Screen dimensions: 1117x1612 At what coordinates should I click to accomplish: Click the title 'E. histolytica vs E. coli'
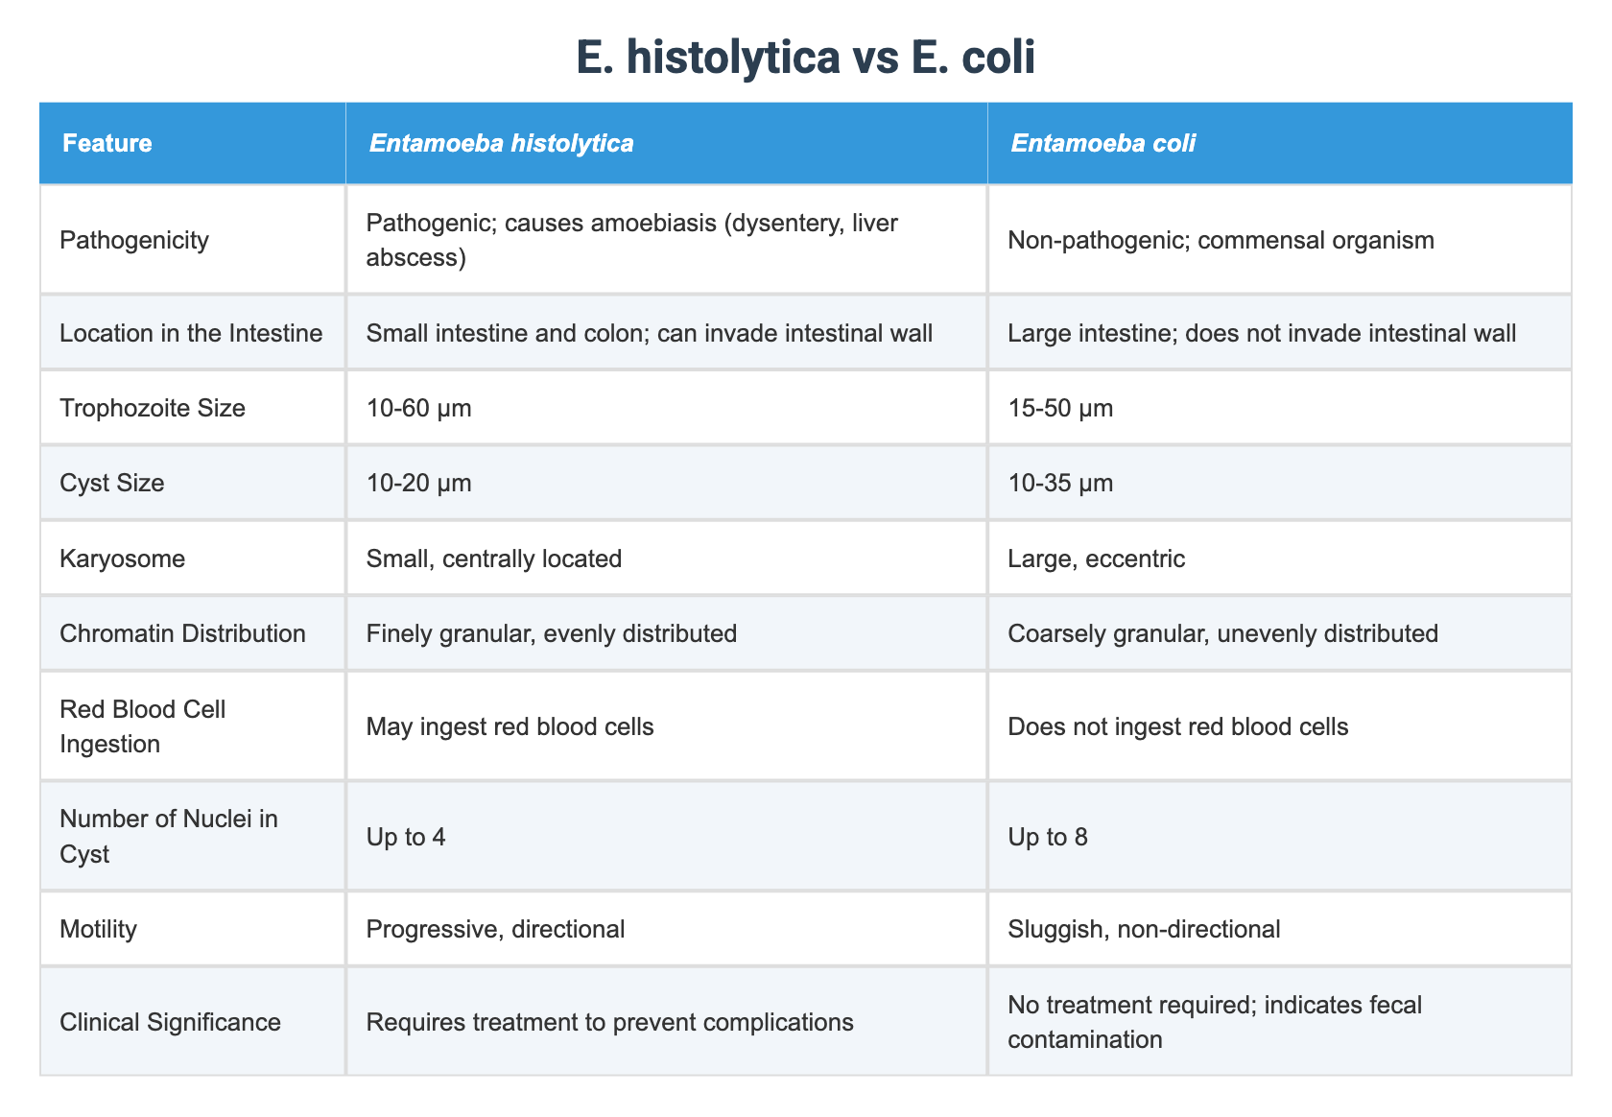(x=805, y=59)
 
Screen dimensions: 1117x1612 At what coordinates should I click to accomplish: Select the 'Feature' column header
(x=107, y=144)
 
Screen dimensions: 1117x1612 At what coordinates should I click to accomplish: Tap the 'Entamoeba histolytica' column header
(x=501, y=144)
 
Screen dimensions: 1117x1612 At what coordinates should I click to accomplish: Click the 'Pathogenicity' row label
(x=134, y=240)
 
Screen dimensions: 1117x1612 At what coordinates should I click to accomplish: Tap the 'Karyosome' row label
(x=122, y=558)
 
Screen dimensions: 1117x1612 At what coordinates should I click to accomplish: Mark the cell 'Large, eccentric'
(x=1097, y=558)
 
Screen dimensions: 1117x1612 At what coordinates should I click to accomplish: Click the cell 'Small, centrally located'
(x=494, y=558)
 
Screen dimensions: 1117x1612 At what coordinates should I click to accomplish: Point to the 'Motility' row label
(x=98, y=929)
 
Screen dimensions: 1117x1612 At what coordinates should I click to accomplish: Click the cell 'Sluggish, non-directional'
(x=1144, y=929)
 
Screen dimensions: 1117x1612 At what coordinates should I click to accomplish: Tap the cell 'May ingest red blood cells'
(x=510, y=726)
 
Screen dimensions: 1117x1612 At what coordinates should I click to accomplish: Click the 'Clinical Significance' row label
(x=170, y=1022)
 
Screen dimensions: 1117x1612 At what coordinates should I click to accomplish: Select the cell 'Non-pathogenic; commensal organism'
(x=1221, y=240)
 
